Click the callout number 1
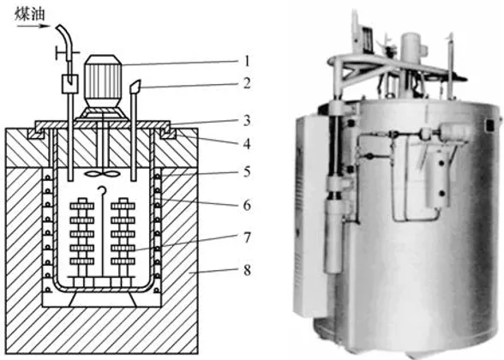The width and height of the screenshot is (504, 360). point(247,61)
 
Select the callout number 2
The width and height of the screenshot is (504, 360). point(247,83)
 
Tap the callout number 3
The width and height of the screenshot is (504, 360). point(247,121)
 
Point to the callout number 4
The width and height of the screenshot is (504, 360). point(247,144)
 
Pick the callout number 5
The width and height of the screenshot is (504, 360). point(247,171)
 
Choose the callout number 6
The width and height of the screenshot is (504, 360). point(247,205)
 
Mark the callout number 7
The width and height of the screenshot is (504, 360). point(247,238)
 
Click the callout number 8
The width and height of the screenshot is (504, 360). point(247,270)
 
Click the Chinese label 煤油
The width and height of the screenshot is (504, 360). point(30,14)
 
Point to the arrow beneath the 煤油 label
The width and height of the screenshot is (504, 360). point(33,26)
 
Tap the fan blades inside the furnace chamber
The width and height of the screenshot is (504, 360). point(102,174)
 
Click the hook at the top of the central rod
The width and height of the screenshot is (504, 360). point(102,190)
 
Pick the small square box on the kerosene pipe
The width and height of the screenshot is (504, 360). point(69,84)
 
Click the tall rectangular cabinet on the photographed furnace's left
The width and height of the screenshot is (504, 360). point(312,215)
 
